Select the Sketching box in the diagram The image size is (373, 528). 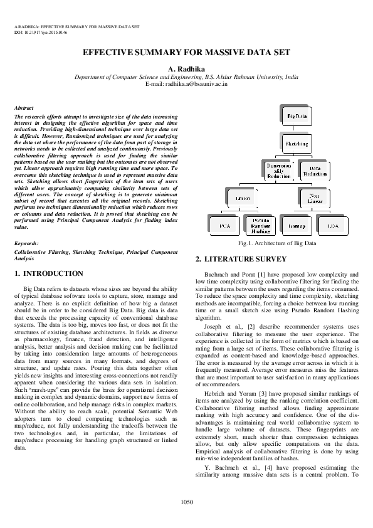coord(297,144)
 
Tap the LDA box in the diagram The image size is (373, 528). coord(333,224)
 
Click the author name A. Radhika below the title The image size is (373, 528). coord(186,68)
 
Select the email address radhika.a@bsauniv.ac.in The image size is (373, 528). coord(186,83)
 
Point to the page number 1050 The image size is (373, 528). coord(186,502)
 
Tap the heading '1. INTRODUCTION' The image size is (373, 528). coord(48,273)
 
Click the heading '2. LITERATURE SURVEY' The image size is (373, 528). coord(241,259)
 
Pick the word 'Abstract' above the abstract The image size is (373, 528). coord(24,108)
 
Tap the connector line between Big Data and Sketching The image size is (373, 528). coord(297,130)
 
